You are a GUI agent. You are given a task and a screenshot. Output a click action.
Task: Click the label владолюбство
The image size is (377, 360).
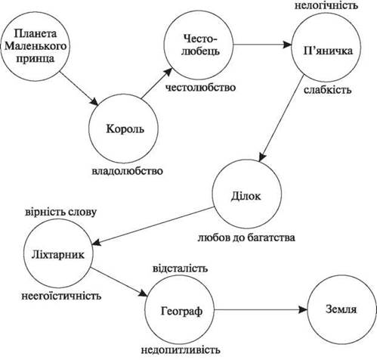(127, 171)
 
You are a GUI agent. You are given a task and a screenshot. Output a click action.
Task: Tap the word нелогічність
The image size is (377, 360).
(326, 5)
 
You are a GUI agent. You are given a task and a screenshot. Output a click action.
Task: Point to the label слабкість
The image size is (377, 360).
(327, 90)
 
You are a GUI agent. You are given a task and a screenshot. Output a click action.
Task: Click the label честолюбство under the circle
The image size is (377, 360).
(200, 88)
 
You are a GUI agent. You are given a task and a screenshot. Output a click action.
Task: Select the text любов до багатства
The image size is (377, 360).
(246, 237)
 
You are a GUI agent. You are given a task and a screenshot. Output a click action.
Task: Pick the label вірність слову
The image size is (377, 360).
(60, 212)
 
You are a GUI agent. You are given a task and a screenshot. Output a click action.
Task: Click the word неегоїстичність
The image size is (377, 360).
(61, 296)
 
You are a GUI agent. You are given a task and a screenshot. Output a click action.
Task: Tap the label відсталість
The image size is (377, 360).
(181, 268)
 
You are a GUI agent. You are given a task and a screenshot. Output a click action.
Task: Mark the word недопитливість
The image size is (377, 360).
(181, 350)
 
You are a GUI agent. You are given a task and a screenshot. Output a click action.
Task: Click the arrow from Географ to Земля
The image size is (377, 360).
(261, 309)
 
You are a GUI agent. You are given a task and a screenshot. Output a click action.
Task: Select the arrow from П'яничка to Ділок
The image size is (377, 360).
(281, 118)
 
